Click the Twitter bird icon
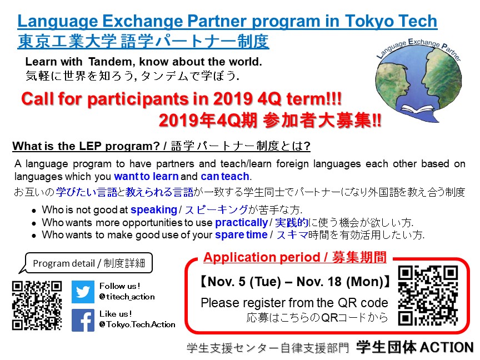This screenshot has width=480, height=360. (83, 292)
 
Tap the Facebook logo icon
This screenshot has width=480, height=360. (83, 320)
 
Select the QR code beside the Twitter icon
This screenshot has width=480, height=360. (37, 306)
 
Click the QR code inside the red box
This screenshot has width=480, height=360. (428, 296)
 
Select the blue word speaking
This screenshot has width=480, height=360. (154, 210)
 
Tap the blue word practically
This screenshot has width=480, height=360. (242, 223)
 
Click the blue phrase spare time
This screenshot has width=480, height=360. (241, 235)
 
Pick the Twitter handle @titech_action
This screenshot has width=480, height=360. (127, 297)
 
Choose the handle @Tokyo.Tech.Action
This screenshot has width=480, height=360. (137, 324)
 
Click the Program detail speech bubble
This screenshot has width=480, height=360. (86, 263)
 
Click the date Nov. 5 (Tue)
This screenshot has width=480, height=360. (244, 282)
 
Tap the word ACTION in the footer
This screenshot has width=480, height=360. (447, 347)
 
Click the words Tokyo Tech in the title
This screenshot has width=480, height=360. (391, 21)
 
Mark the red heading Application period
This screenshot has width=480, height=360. (262, 257)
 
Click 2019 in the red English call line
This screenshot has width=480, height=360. (233, 99)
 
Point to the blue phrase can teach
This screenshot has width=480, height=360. (225, 177)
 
